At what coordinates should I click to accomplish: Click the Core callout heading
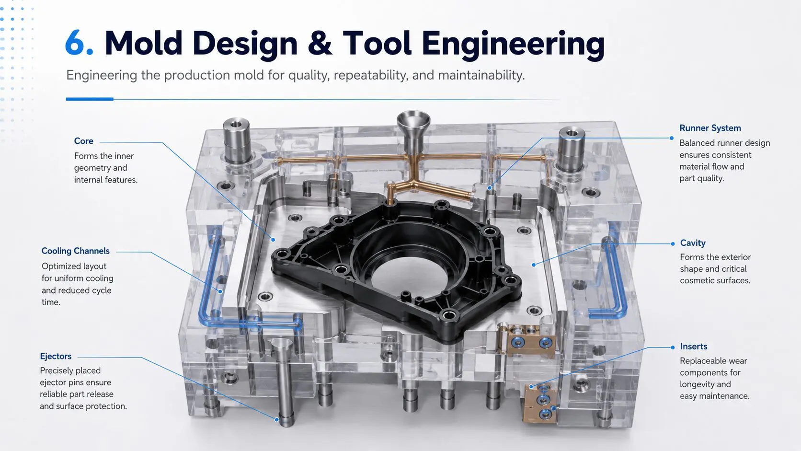(x=84, y=141)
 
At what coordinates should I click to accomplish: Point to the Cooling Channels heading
(x=75, y=251)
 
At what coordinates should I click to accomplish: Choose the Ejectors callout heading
(x=56, y=356)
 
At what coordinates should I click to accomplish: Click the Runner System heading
(x=710, y=128)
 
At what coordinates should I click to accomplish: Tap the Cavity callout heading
(x=693, y=243)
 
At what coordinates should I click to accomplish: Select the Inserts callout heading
(x=694, y=346)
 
